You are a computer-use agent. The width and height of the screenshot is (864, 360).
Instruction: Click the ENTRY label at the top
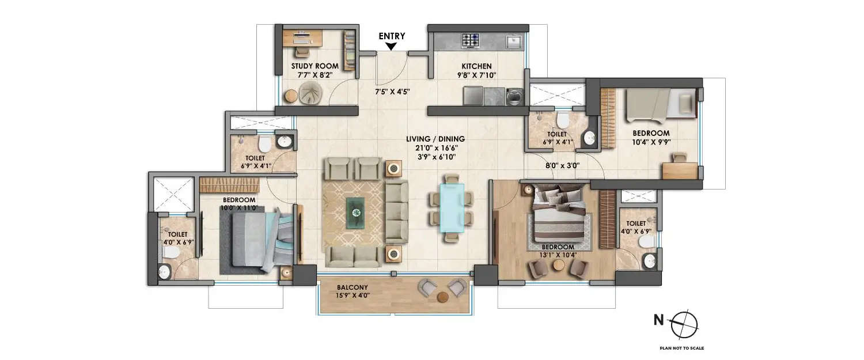click(x=392, y=36)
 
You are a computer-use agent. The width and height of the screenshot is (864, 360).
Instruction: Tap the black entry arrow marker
click(x=392, y=46)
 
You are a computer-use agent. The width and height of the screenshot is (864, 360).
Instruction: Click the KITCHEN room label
click(x=475, y=66)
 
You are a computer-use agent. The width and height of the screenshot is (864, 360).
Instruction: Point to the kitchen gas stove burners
click(x=471, y=40)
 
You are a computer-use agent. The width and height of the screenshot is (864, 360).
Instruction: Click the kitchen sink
click(x=514, y=41)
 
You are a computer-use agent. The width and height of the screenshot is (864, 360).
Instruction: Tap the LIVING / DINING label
click(x=435, y=139)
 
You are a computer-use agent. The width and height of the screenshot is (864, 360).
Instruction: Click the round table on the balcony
click(x=442, y=298)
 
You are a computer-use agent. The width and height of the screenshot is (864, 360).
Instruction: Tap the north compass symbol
click(x=684, y=322)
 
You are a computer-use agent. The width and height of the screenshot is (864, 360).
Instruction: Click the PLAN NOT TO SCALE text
click(x=682, y=348)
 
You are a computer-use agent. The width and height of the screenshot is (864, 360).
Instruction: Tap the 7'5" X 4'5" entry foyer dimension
click(x=392, y=91)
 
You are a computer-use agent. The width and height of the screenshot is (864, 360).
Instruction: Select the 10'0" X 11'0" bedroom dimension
click(x=239, y=208)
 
